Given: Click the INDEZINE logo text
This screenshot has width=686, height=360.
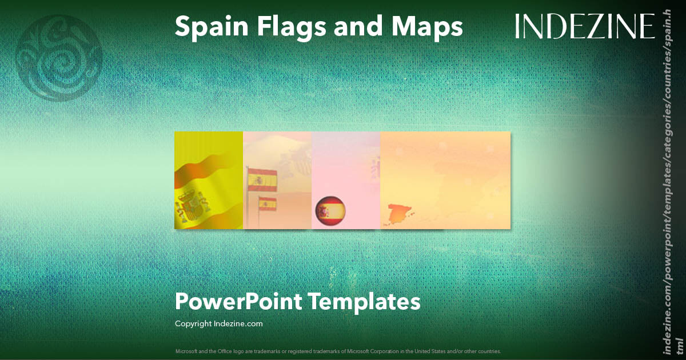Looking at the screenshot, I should [584, 26].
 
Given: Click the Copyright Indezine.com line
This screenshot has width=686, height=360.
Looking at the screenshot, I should [219, 324].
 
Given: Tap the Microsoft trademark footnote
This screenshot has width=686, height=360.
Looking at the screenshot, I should [338, 351].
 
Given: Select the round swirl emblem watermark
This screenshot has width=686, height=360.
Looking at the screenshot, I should [59, 58].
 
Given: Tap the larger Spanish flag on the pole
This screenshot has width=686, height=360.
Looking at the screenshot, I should [262, 179].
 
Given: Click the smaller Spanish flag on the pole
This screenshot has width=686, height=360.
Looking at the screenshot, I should [268, 203].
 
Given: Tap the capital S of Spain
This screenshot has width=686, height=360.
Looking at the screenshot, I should [182, 27].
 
